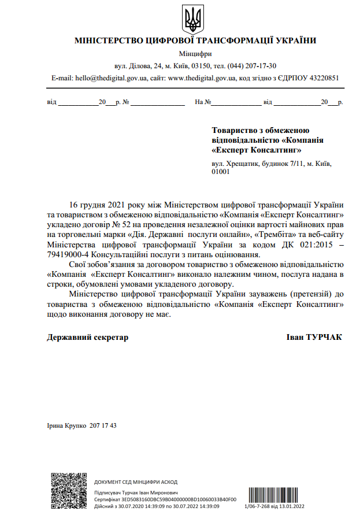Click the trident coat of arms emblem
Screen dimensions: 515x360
tap(192, 19)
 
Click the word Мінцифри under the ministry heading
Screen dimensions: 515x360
tap(195, 54)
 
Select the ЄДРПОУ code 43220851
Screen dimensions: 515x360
tap(323, 77)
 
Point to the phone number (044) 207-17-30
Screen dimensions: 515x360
tap(253, 66)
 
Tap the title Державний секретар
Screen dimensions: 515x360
tap(87, 337)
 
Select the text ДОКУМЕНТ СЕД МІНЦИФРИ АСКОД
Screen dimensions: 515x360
tap(136, 481)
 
